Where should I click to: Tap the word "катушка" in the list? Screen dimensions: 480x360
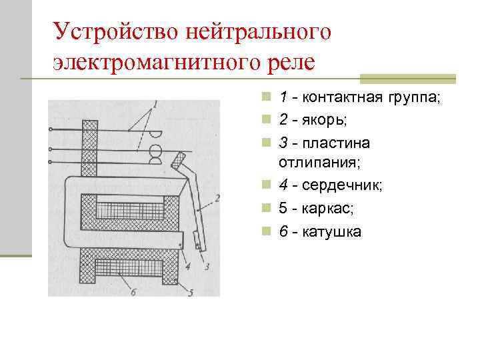[332, 231]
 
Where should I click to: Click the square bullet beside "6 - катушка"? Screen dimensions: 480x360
[266, 231]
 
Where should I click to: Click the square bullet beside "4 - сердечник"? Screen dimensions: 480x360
[266, 186]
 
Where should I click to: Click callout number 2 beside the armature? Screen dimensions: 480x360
[217, 198]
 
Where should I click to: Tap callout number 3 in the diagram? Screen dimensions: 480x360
[207, 267]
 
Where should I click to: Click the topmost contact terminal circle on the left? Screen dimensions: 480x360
[51, 129]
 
